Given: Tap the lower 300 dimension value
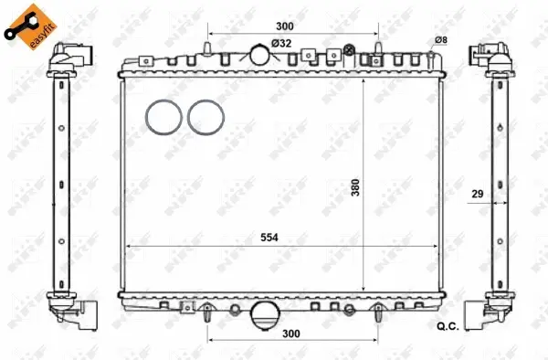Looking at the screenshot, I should click(x=291, y=334).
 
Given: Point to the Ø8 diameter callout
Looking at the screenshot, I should click(x=440, y=39).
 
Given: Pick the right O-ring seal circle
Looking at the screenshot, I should click(x=205, y=117).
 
